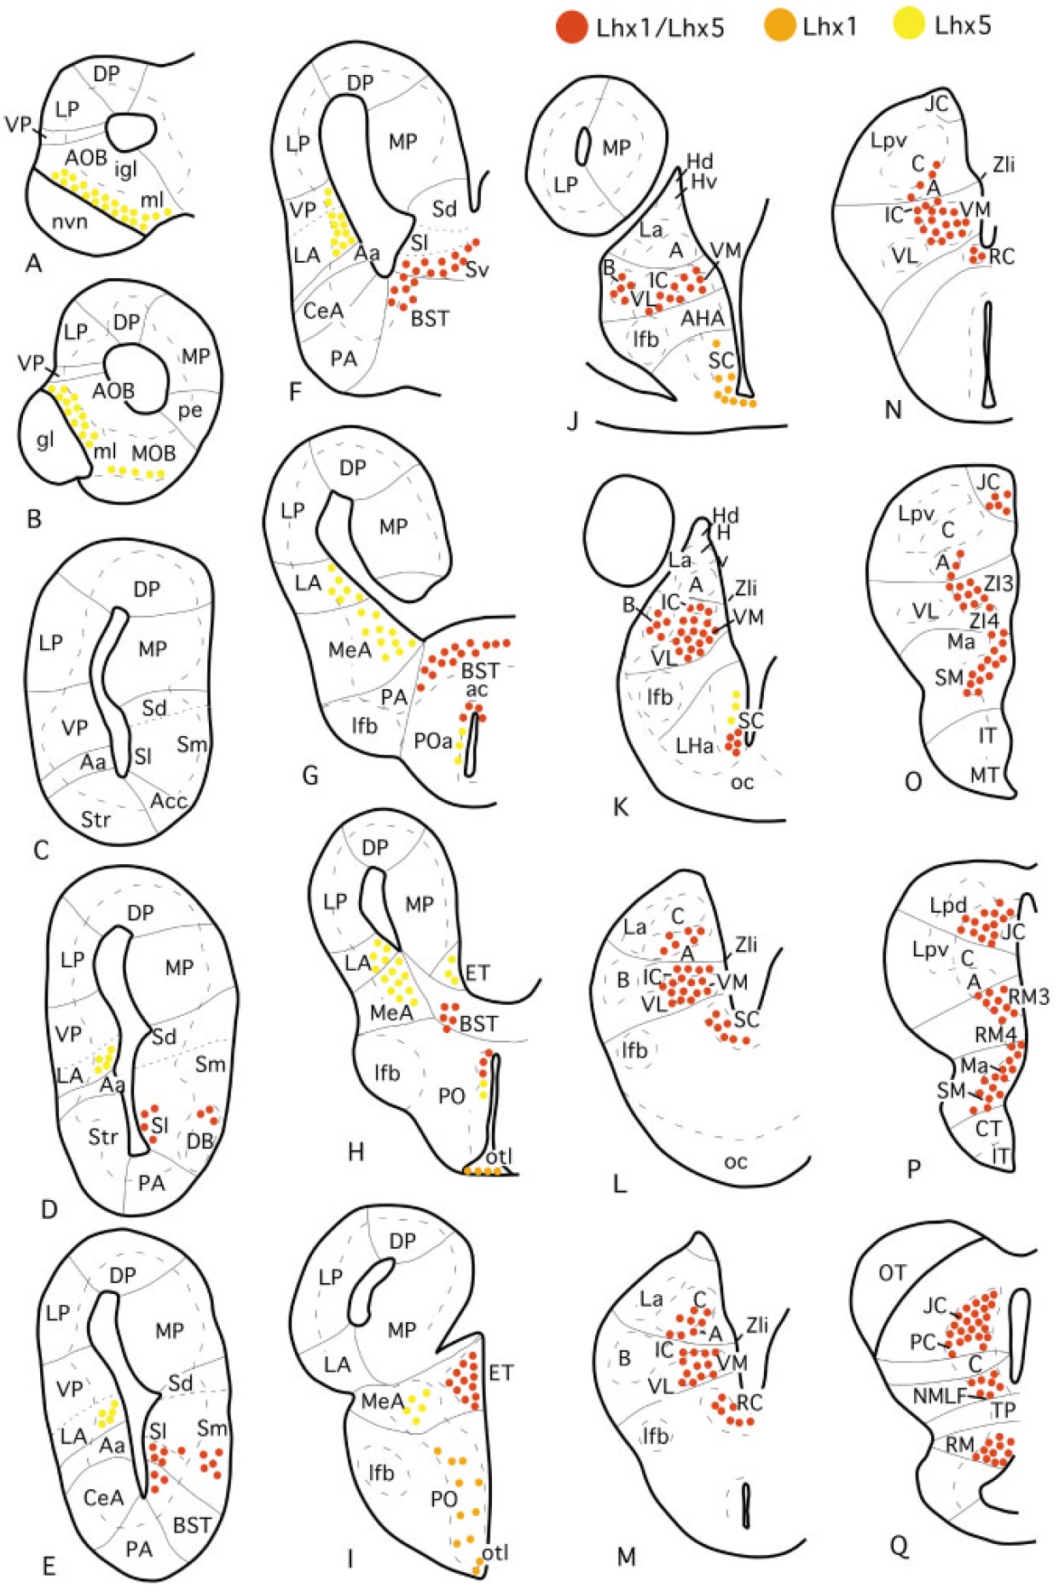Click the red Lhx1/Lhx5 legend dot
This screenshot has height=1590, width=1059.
click(x=570, y=26)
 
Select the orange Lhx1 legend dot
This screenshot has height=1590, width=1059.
click(x=780, y=26)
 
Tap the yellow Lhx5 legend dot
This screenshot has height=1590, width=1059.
click(x=909, y=26)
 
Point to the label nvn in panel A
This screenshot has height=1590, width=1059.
click(x=70, y=222)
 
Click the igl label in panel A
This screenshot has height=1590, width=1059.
click(x=125, y=169)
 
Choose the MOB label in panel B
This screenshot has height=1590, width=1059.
click(x=153, y=452)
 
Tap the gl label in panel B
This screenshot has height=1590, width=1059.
click(x=45, y=439)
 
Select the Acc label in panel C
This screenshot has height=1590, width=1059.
click(x=168, y=800)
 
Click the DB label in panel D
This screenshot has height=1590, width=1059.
click(x=200, y=1140)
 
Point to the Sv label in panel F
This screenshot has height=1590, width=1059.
click(x=477, y=270)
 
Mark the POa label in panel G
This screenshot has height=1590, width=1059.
click(x=432, y=741)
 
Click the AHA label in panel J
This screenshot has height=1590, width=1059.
click(x=703, y=318)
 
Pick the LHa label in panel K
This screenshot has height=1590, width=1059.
click(x=694, y=746)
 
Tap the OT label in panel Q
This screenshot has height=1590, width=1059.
click(x=892, y=1274)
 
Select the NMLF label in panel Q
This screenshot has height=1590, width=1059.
click(x=940, y=1396)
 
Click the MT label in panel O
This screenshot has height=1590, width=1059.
click(x=985, y=775)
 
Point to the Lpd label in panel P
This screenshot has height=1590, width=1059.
click(x=948, y=906)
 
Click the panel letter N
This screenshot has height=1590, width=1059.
click(x=893, y=410)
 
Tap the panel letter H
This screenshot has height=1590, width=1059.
click(x=356, y=1152)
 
